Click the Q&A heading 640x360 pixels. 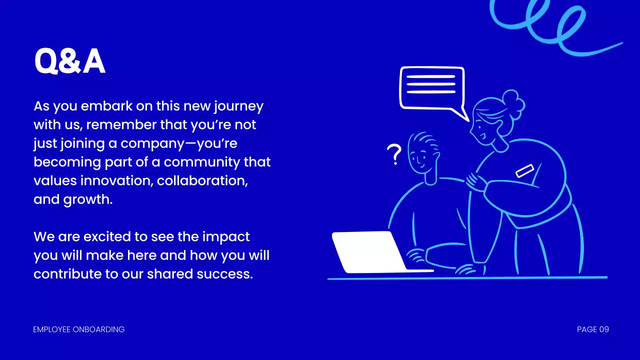[69, 62]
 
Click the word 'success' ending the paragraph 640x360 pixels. [226, 274]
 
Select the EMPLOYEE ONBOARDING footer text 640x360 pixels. [78, 329]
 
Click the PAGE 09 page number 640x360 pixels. [592, 329]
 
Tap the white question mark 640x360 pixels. [395, 155]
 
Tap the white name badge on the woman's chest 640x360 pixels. [525, 170]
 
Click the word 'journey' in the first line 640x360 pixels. [238, 106]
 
